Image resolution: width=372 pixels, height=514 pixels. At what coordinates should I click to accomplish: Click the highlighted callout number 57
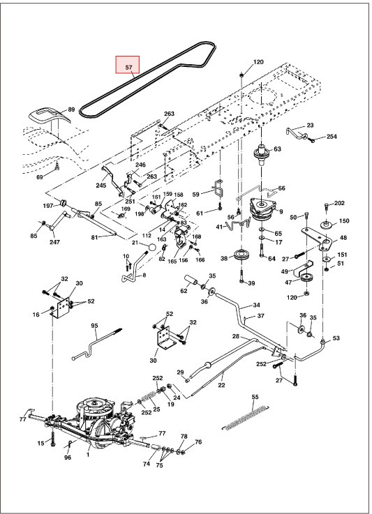tap(128, 68)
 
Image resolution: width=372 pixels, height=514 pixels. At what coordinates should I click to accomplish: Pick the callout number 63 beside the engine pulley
tap(277, 149)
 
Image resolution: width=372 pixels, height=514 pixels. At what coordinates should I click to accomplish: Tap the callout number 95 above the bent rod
tap(95, 326)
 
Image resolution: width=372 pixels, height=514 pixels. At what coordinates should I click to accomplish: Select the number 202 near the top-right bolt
tap(339, 203)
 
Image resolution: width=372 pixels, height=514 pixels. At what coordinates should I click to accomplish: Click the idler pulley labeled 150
tap(325, 225)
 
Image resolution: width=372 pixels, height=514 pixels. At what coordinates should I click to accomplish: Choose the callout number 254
tap(332, 137)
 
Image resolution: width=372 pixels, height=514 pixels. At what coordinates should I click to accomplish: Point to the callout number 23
tap(310, 126)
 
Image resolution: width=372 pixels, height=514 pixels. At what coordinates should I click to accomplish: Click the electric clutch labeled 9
tap(265, 207)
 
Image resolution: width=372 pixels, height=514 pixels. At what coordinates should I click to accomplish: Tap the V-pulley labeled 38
tap(242, 254)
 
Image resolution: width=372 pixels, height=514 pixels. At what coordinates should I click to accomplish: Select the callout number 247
tap(54, 242)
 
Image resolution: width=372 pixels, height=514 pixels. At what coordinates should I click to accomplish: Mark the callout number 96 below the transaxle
tap(68, 458)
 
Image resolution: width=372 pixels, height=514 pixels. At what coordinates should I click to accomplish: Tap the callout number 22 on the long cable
tap(221, 384)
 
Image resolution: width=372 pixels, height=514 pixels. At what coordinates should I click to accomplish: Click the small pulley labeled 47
tap(306, 280)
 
